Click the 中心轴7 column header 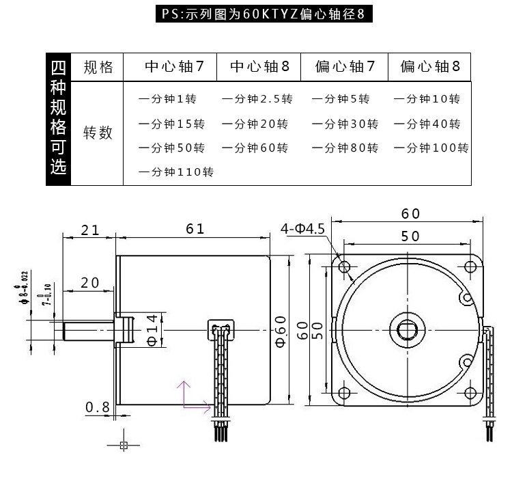click(175, 67)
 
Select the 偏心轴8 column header click(430, 67)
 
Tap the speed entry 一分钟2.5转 click(257, 99)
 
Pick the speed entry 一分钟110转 click(176, 172)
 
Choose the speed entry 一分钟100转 click(431, 148)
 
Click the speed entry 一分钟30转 click(345, 124)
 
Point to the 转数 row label click(98, 133)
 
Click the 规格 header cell click(98, 67)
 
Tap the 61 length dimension click(195, 230)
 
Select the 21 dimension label click(90, 230)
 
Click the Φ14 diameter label click(152, 329)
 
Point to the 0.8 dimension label click(97, 408)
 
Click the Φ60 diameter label click(281, 331)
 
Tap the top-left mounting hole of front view click(343, 266)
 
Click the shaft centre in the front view click(406, 329)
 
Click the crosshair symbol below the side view click(124, 446)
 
